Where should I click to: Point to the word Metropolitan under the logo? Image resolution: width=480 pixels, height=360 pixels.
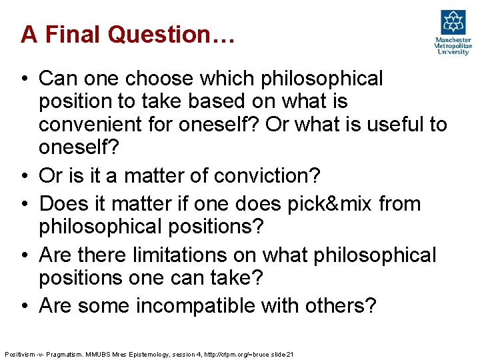tap(453, 46)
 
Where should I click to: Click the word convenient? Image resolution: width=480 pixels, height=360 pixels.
tap(97, 125)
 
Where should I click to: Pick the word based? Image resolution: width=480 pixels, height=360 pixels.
tap(230, 102)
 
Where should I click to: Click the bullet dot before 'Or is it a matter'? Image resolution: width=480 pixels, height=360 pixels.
tap(24, 176)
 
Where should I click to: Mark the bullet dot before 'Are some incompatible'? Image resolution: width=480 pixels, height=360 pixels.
tap(24, 305)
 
